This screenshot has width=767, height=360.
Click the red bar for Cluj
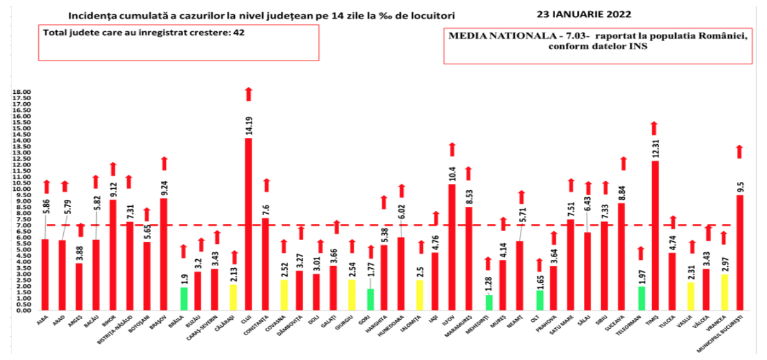(x=249, y=223)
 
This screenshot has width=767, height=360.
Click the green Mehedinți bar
(x=489, y=303)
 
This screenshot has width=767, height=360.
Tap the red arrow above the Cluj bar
(x=249, y=93)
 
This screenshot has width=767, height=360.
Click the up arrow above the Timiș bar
(x=653, y=128)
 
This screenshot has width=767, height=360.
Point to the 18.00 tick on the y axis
(x=22, y=92)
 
